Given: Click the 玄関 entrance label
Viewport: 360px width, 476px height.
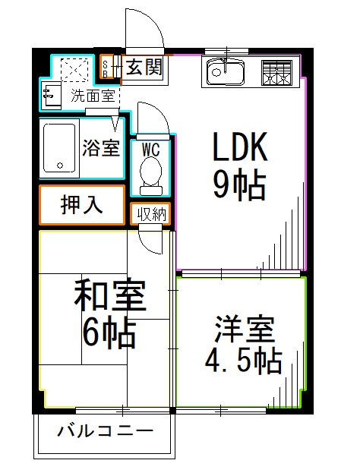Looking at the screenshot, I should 144,68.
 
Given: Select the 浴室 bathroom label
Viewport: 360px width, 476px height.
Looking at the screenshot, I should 101,147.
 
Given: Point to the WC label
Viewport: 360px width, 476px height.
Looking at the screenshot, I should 151,147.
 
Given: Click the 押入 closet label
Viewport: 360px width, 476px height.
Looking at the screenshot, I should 82,204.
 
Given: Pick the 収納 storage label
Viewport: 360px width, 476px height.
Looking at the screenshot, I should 151,214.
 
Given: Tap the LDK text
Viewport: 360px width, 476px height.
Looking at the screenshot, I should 238,147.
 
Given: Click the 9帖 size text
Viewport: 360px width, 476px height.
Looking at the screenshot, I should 238,184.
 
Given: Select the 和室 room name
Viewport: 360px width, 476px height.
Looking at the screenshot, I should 109,297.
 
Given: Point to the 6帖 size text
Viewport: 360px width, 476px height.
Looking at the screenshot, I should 109,332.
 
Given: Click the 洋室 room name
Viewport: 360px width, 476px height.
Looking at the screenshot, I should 243,330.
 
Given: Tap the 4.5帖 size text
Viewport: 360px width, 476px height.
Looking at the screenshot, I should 243,361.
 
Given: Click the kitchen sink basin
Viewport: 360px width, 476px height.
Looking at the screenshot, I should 224,73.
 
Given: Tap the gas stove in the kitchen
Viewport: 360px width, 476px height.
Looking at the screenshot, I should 276,72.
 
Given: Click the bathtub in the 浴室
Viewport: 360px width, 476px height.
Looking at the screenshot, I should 58,147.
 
